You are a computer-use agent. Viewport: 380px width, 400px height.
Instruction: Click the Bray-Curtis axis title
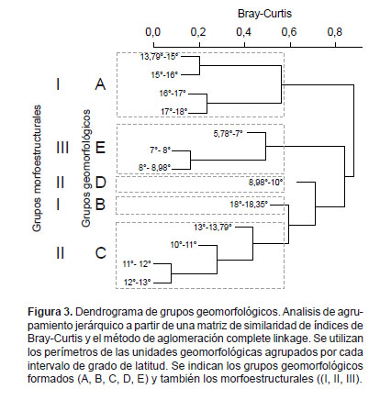(264, 14)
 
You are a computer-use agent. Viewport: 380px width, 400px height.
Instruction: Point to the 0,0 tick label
(153, 32)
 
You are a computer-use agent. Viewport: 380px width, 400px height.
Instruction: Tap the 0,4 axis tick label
(244, 32)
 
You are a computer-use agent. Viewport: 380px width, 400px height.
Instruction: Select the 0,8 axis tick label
(335, 32)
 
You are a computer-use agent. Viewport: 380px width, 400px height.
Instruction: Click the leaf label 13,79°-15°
(159, 57)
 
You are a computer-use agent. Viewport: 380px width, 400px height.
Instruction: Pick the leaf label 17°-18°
(174, 112)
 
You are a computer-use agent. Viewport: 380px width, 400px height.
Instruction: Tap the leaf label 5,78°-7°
(228, 134)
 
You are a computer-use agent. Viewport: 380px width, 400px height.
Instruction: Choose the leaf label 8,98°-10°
(265, 183)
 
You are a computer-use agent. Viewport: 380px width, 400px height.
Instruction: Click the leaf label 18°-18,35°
(249, 204)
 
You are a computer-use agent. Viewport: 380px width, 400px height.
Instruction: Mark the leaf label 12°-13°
(138, 282)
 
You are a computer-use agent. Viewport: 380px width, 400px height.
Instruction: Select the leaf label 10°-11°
(184, 245)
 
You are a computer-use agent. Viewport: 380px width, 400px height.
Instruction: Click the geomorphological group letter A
(100, 83)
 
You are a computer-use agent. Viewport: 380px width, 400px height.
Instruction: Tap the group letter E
(101, 148)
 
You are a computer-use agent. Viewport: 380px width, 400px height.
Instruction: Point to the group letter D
(101, 183)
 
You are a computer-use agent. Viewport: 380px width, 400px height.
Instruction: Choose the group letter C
(101, 253)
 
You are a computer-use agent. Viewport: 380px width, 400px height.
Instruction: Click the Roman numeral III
(62, 148)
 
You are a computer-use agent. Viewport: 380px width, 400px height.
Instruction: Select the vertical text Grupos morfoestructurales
(37, 168)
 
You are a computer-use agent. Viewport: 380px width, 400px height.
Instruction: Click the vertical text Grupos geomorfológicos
(86, 168)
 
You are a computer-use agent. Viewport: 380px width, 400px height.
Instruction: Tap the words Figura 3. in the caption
(50, 312)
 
